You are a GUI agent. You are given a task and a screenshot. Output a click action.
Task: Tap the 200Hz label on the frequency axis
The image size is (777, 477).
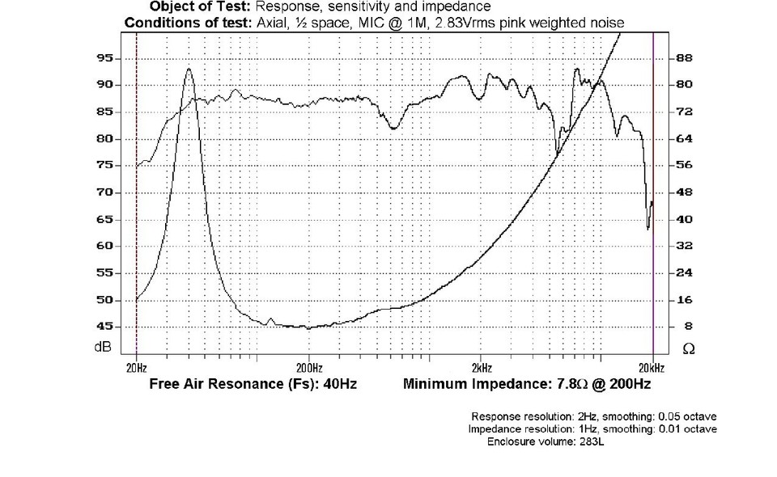pos(309,365)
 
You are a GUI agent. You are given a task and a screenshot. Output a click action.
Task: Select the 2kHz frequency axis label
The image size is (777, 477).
pos(480,365)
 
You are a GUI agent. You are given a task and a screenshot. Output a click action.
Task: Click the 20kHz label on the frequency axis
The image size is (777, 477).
pos(652,365)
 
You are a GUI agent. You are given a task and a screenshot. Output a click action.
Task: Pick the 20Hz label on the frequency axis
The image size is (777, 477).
pos(136,365)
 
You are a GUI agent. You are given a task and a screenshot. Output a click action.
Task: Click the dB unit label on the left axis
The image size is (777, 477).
pos(103,348)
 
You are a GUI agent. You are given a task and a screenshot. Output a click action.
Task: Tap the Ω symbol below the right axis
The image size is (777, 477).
pos(688,348)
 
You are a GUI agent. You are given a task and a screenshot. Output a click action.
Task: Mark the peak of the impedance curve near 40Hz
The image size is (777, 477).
pos(189,70)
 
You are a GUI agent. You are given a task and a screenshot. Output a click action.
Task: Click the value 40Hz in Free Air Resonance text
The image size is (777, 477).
pos(339,384)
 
